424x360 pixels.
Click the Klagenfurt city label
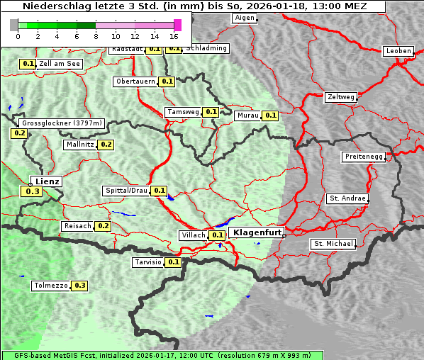tap(257, 232)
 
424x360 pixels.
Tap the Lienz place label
tap(48, 181)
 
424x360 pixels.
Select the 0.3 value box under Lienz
tap(32, 191)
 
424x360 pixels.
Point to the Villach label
tap(193, 235)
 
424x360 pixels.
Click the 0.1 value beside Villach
tap(217, 235)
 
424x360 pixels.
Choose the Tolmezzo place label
tap(50, 286)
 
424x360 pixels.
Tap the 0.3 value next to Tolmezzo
tap(79, 286)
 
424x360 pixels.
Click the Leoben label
tap(398, 51)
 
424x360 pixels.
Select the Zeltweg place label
tap(341, 96)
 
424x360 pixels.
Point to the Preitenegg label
tap(364, 157)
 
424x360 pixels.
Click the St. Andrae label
tap(347, 198)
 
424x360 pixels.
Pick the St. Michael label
tap(333, 244)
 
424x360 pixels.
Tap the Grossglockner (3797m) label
tap(62, 123)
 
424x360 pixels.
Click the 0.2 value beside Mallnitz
tap(106, 145)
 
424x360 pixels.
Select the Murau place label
tap(247, 116)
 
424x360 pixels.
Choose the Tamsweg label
tap(183, 112)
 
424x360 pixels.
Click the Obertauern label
tap(135, 81)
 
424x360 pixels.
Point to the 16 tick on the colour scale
tap(174, 35)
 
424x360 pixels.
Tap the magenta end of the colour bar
tap(177, 25)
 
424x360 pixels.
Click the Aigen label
tap(244, 18)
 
